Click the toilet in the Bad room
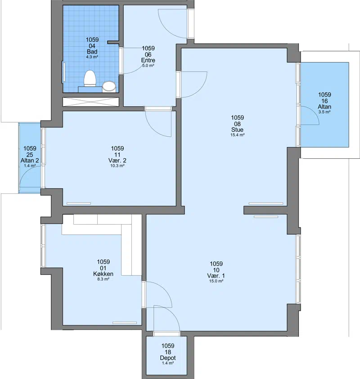(90, 78)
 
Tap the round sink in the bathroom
(109, 86)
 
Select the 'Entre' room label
(148, 60)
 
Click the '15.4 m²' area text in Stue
(237, 135)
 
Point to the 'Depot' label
(168, 358)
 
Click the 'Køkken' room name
(103, 274)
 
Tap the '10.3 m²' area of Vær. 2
(117, 166)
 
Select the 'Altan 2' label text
(30, 161)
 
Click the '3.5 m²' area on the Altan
(324, 112)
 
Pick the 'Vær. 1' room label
(216, 276)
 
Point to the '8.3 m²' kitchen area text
(103, 279)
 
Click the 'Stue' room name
(237, 129)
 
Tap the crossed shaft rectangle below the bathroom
(91, 102)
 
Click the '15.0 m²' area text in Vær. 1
(216, 281)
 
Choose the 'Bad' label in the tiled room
(92, 52)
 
